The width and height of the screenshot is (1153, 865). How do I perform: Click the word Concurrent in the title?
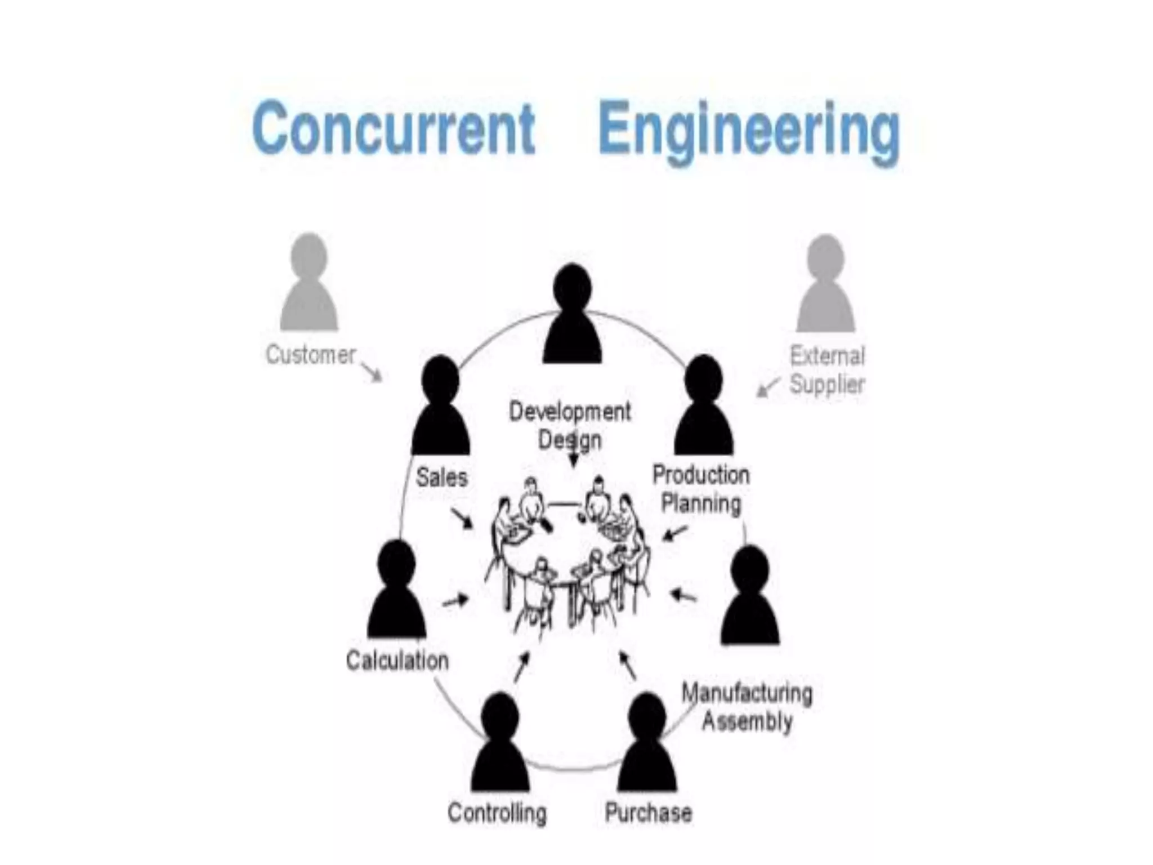click(x=394, y=128)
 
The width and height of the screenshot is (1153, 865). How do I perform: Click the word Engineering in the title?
click(x=748, y=131)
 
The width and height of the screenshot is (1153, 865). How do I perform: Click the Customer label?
click(x=311, y=355)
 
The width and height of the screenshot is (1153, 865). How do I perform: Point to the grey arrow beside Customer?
click(x=372, y=372)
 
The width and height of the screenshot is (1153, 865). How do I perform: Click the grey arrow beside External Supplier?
click(x=768, y=387)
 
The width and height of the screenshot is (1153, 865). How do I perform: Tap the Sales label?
click(x=442, y=478)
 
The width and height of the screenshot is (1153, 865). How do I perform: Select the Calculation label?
click(x=397, y=661)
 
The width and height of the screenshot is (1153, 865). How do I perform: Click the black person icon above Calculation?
click(x=396, y=591)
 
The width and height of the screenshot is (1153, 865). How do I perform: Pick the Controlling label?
click(x=497, y=813)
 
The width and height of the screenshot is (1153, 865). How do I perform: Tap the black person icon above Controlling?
click(x=500, y=743)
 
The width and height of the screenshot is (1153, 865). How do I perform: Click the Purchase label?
click(x=648, y=813)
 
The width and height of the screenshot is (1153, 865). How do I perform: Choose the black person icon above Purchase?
click(x=647, y=743)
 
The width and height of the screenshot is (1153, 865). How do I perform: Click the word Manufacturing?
click(x=747, y=693)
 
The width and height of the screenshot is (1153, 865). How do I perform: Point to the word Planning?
click(x=701, y=503)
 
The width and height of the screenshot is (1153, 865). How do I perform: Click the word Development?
click(x=570, y=412)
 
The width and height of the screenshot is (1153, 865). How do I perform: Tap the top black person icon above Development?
click(x=572, y=315)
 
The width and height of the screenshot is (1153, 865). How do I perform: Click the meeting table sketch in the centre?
click(x=569, y=558)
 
